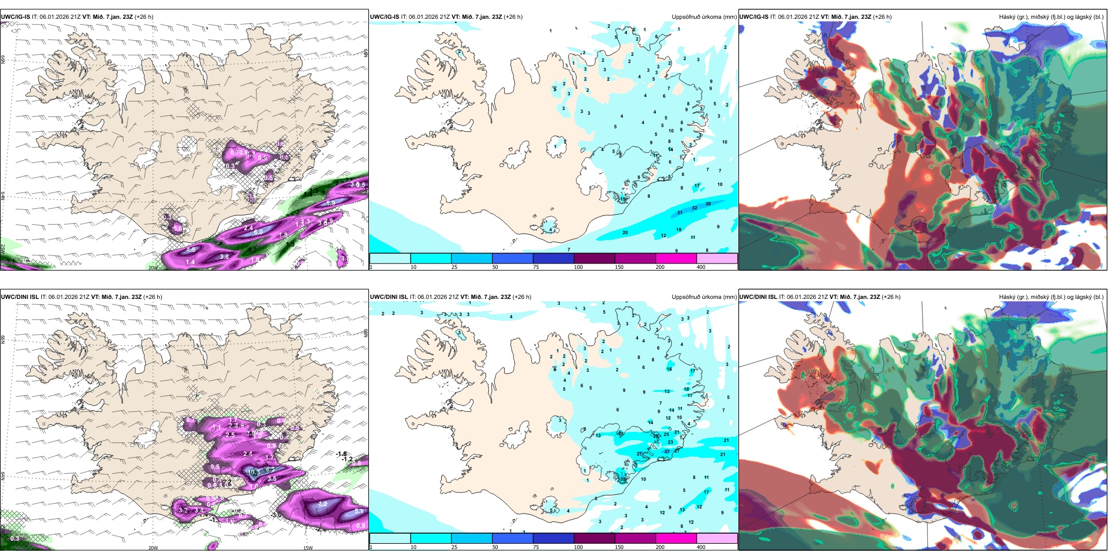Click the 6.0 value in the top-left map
tap(258, 232)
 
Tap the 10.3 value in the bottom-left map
tap(254, 472)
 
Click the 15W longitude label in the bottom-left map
tap(307, 548)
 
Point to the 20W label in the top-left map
tap(153, 268)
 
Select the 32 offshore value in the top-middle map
tap(694, 208)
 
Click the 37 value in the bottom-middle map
tap(667, 452)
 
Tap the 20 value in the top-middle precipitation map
tap(625, 232)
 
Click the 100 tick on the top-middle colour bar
tap(578, 267)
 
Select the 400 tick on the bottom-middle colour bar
tap(701, 547)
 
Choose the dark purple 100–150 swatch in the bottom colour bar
tap(594, 538)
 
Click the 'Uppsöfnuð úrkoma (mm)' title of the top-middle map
tap(704, 17)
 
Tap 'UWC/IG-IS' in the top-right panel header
tap(754, 17)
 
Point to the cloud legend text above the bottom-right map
tap(1051, 297)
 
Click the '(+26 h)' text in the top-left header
tap(144, 17)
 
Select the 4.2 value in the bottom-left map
tap(322, 504)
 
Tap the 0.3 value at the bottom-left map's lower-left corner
tap(15, 538)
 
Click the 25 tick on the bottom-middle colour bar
tap(454, 547)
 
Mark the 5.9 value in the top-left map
tap(331, 203)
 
